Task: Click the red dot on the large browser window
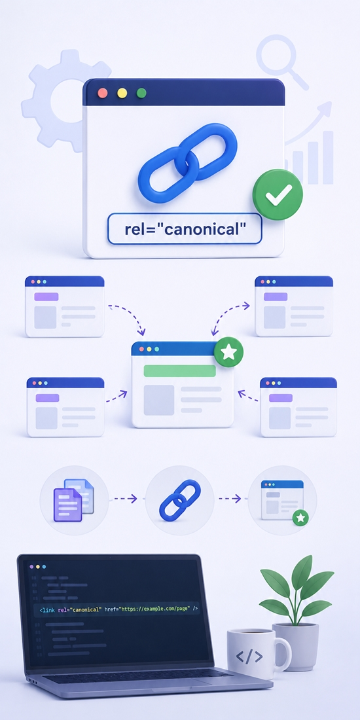pyautogui.click(x=103, y=93)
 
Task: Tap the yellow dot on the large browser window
pyautogui.click(x=122, y=93)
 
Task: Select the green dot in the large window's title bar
pyautogui.click(x=141, y=93)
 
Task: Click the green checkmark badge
pyautogui.click(x=278, y=194)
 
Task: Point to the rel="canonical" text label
pyautogui.click(x=183, y=228)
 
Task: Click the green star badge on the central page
pyautogui.click(x=228, y=352)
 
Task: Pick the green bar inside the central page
pyautogui.click(x=179, y=370)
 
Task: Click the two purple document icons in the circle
pyautogui.click(x=74, y=500)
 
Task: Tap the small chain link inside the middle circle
pyautogui.click(x=180, y=500)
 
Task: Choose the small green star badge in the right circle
pyautogui.click(x=301, y=518)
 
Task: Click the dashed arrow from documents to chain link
pyautogui.click(x=126, y=499)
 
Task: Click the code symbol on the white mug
pyautogui.click(x=249, y=657)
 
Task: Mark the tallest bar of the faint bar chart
pyautogui.click(x=328, y=158)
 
